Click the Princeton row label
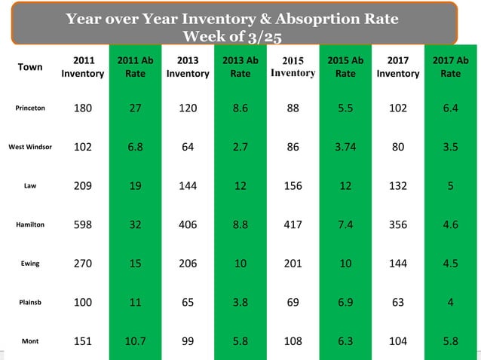coord(31,108)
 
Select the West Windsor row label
coord(31,147)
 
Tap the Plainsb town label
coord(31,302)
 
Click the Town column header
coord(30,66)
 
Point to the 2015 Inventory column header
coord(293,66)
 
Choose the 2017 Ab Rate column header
coord(450,66)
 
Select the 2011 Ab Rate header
coord(135,66)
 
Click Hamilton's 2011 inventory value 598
coord(82,224)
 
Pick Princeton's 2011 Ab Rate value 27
coord(135,108)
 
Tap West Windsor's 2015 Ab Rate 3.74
coord(345,147)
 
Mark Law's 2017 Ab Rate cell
coord(450,185)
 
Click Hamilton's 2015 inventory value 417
coord(293,224)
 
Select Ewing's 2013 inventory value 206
coord(187,264)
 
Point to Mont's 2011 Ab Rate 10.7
coord(135,341)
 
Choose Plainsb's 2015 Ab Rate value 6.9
coord(345,302)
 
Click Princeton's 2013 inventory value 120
coord(187,108)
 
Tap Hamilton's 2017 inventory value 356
coord(397,224)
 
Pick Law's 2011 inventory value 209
coord(82,185)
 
